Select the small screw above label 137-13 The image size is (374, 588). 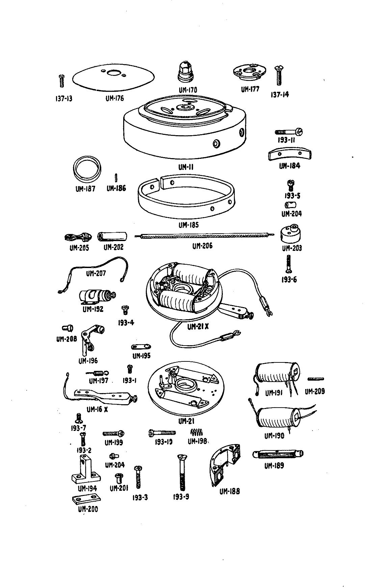click(62, 81)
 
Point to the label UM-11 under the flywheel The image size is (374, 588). click(186, 167)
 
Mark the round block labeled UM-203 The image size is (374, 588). click(291, 235)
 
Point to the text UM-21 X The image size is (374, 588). click(198, 327)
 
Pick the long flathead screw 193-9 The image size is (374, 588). click(181, 472)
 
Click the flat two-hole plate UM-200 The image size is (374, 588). click(86, 499)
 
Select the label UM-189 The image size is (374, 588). click(274, 466)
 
